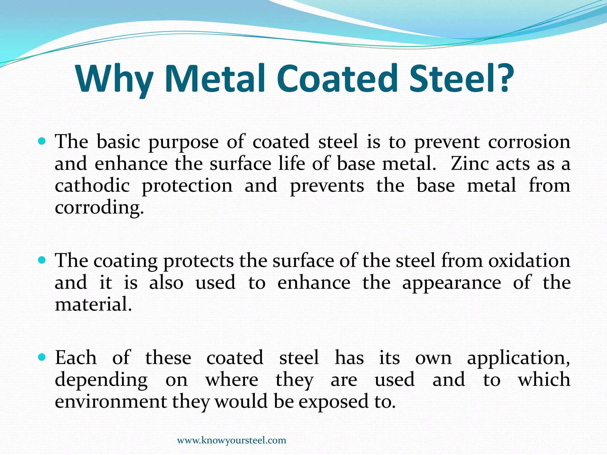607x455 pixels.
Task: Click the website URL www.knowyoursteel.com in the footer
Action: click(231, 440)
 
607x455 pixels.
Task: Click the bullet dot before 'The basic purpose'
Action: click(42, 142)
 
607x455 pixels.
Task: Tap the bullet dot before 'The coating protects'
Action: click(42, 261)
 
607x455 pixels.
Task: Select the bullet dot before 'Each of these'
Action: click(42, 358)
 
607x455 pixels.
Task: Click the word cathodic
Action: click(92, 186)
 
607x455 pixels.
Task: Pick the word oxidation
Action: click(529, 261)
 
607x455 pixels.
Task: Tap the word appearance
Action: click(451, 283)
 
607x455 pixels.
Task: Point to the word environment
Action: click(111, 402)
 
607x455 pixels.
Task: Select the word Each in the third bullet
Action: click(76, 358)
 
